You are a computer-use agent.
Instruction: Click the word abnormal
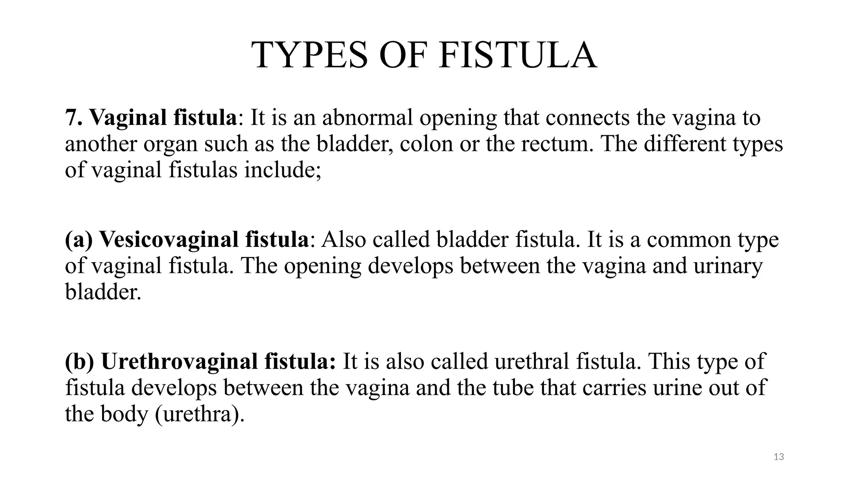pos(367,117)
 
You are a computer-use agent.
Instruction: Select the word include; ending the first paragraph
pos(282,170)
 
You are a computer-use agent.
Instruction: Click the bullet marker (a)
pos(79,240)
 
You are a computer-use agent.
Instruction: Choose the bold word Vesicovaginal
pos(169,240)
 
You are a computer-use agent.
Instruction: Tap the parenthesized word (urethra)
pos(200,414)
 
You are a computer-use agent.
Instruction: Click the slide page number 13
pos(779,457)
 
